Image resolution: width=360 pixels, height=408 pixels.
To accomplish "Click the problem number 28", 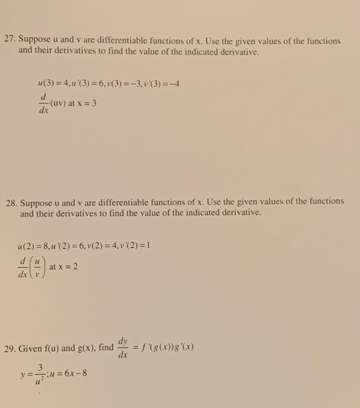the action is point(26,201).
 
